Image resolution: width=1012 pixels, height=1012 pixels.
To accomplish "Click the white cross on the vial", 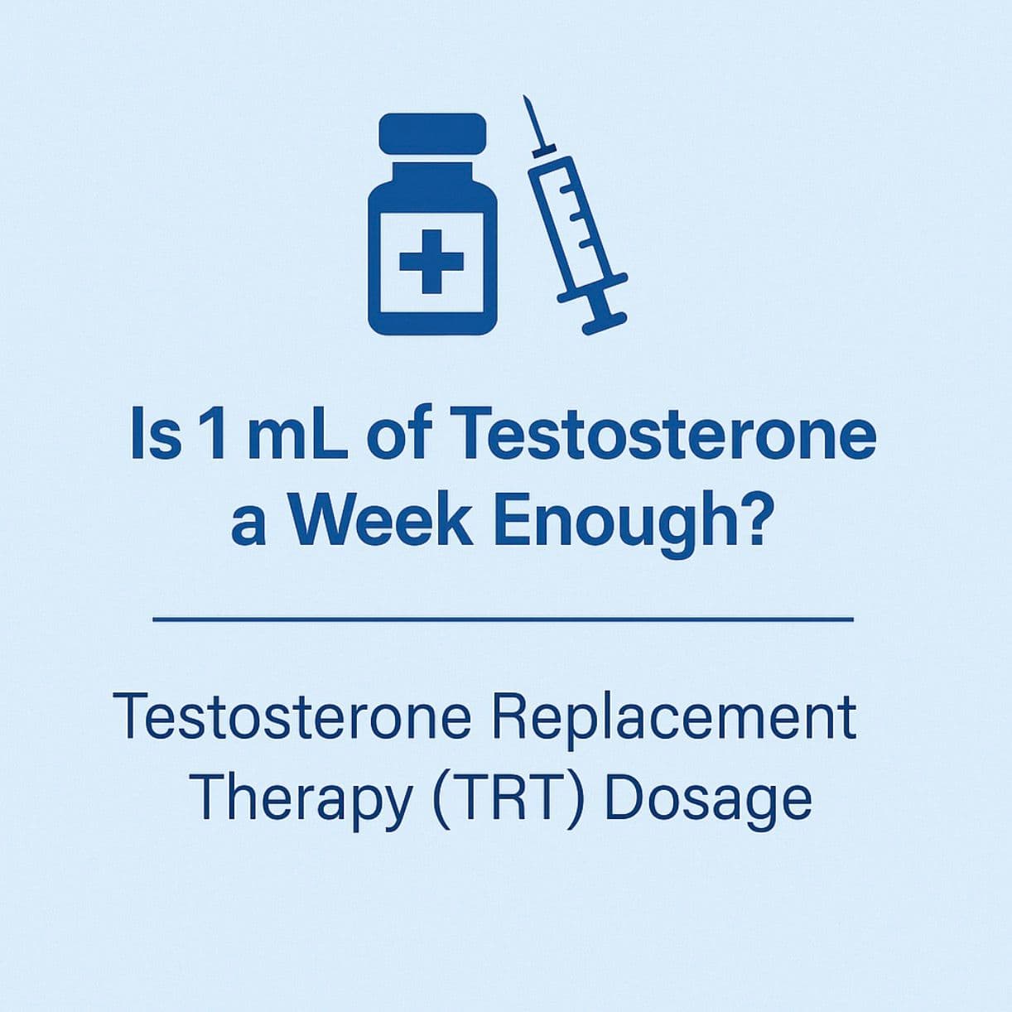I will click(x=431, y=261).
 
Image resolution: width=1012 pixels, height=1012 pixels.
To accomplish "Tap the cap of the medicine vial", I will click(x=432, y=133).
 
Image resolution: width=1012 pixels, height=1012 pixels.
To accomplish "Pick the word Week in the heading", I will click(x=379, y=521).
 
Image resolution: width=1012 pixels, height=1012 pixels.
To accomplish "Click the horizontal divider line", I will click(x=504, y=618).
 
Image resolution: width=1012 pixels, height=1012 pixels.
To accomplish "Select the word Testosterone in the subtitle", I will click(x=296, y=716).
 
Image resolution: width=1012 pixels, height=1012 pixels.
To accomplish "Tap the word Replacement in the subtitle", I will click(x=673, y=716).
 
